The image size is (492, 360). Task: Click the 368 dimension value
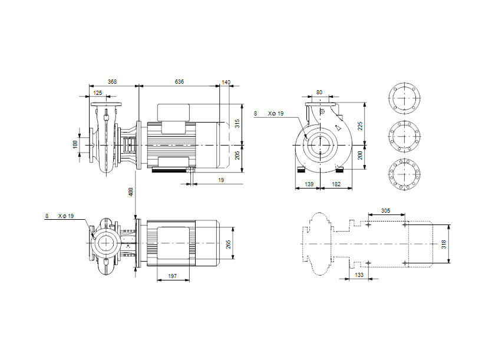pos(113,82)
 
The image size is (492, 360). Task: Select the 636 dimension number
pos(179,82)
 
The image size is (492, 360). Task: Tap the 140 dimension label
pos(226,82)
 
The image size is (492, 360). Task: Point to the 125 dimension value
pos(97,93)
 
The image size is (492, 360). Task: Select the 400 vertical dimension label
pos(131,191)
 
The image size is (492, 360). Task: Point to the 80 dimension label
pos(319,92)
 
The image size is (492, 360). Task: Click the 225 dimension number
pos(359,124)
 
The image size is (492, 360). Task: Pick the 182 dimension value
pos(336,185)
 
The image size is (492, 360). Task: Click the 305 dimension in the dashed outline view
pos(385,210)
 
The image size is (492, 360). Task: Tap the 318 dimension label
pos(444,244)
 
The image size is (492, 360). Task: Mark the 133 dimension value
pos(358,274)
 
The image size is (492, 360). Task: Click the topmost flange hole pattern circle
pos(404,97)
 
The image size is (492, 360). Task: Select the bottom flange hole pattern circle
pos(404,175)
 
